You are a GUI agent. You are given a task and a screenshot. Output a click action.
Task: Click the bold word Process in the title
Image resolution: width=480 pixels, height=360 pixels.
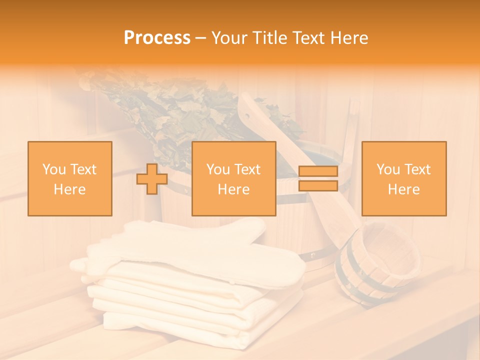(x=157, y=38)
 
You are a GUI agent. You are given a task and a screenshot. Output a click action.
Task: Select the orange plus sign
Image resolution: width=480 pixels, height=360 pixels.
(x=152, y=179)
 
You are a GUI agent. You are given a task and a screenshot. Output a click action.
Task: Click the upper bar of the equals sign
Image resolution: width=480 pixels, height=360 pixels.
(x=318, y=171)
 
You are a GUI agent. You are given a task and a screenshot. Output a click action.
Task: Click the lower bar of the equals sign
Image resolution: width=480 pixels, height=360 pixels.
(x=318, y=185)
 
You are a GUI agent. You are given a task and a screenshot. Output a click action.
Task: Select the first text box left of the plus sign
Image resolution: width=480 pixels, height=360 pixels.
(x=69, y=178)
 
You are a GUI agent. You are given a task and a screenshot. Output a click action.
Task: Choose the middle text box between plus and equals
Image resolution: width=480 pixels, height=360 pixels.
(x=233, y=178)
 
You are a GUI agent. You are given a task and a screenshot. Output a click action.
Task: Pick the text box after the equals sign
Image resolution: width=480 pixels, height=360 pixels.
(x=403, y=178)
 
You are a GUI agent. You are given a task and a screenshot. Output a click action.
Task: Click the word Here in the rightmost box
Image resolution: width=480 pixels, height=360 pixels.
(x=403, y=189)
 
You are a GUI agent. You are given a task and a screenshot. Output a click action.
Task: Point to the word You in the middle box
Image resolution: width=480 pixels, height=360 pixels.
(x=217, y=169)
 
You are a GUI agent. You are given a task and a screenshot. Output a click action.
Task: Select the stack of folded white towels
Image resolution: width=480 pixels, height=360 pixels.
(x=195, y=310)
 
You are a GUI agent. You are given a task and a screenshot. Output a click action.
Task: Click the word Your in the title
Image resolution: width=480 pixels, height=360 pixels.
(x=229, y=38)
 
